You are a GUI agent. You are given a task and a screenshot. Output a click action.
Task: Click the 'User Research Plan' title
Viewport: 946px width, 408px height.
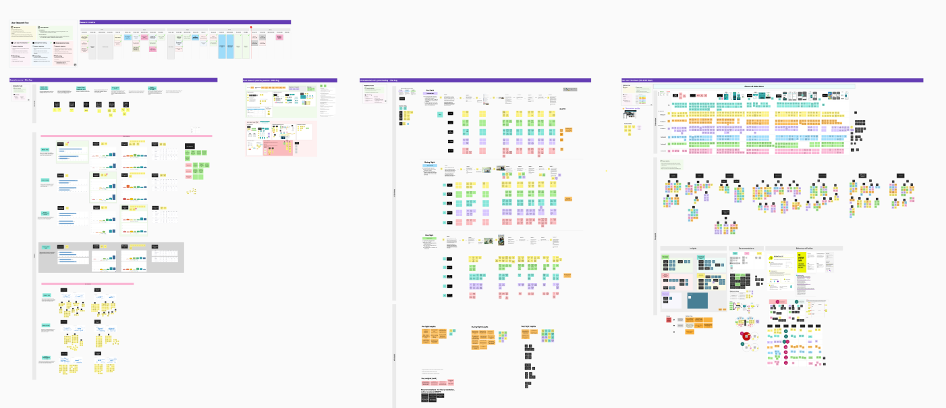(18, 23)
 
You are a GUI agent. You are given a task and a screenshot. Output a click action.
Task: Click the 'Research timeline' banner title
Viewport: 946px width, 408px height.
(90, 22)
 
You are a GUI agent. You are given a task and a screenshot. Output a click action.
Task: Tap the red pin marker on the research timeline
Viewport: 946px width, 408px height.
(251, 28)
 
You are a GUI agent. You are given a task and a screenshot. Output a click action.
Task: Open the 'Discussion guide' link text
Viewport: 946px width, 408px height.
(632, 108)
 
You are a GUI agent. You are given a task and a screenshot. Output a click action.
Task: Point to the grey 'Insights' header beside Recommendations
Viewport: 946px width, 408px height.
(693, 248)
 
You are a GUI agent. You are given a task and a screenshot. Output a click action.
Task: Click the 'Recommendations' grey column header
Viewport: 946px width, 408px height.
(750, 248)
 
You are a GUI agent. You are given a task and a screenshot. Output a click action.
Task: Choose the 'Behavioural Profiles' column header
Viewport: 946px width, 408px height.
(803, 248)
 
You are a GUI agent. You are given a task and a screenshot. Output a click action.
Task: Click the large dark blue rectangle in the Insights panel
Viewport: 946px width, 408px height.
(698, 301)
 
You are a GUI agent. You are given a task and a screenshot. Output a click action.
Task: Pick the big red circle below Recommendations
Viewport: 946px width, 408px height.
(747, 336)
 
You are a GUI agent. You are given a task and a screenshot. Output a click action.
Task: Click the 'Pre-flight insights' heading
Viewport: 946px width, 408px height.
(429, 326)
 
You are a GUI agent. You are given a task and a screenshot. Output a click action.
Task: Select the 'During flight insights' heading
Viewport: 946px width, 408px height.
(480, 327)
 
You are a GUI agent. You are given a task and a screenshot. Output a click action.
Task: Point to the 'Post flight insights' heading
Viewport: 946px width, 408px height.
(528, 326)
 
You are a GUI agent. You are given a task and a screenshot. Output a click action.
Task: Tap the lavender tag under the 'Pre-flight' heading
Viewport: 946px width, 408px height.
(430, 93)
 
